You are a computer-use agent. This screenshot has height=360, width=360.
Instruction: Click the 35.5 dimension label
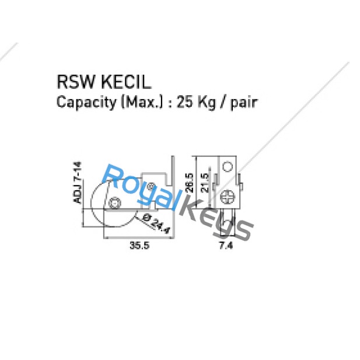(139, 246)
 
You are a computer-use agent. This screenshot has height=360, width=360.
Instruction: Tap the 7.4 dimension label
(226, 246)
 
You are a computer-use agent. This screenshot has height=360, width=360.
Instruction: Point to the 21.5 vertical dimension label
(204, 186)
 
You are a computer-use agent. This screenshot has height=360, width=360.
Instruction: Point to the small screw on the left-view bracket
(152, 186)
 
